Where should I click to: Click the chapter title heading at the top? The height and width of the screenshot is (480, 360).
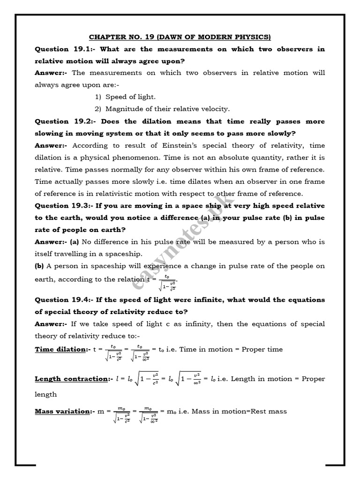pyautogui.click(x=180, y=37)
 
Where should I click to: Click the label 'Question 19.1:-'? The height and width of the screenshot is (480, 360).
pyautogui.click(x=61, y=49)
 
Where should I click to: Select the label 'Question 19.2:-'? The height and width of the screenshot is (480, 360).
pyautogui.click(x=61, y=121)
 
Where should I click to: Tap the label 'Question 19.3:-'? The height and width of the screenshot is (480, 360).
pyautogui.click(x=61, y=206)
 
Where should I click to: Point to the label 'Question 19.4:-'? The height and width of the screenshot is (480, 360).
pyautogui.click(x=61, y=300)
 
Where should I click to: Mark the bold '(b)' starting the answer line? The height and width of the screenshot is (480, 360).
pyautogui.click(x=39, y=266)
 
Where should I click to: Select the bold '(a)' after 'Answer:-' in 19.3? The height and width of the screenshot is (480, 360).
pyautogui.click(x=75, y=242)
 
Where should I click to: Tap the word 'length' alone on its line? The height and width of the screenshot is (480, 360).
pyautogui.click(x=45, y=395)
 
